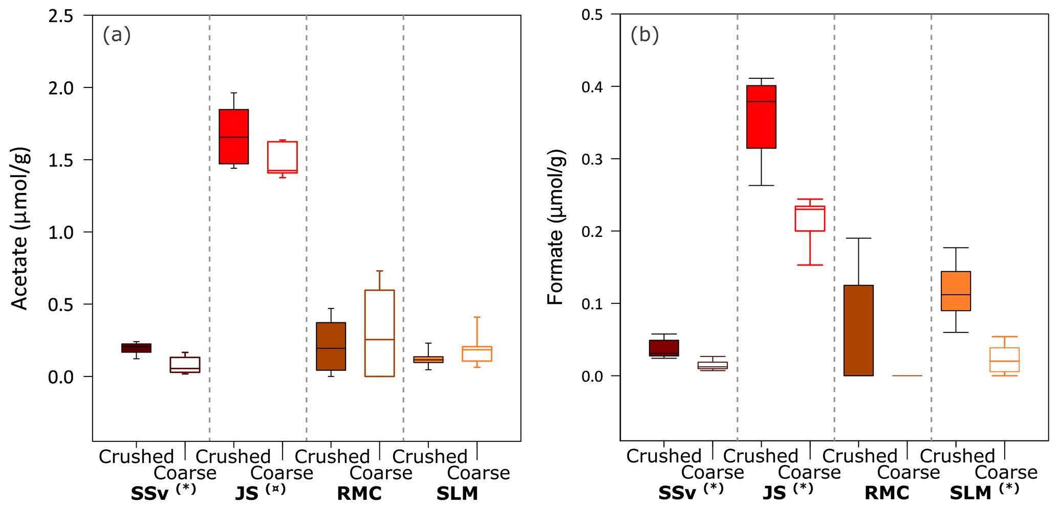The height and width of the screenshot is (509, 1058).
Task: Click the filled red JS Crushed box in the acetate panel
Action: tap(233, 137)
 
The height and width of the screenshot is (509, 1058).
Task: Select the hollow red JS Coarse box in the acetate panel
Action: tap(283, 157)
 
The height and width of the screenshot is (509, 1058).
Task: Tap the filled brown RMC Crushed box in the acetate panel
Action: tap(331, 346)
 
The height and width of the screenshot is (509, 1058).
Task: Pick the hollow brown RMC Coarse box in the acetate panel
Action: tap(379, 333)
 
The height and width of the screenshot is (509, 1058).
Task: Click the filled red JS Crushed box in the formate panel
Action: tap(761, 117)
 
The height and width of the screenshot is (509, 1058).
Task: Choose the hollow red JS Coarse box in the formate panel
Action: tap(810, 218)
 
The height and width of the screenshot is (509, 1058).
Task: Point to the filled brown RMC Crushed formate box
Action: tap(858, 330)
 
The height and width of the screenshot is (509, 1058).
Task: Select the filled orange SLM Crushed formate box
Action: tap(956, 291)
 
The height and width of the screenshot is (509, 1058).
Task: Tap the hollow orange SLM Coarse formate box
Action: tap(1004, 359)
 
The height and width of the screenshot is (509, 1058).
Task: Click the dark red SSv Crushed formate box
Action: tap(664, 348)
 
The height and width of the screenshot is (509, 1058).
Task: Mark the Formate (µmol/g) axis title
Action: tap(555, 228)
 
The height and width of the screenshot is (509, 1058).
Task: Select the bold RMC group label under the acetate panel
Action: tap(359, 494)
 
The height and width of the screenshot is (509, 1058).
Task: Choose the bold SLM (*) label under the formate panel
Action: tap(984, 492)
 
